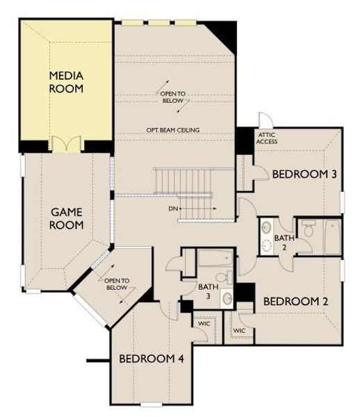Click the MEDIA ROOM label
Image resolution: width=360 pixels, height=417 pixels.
click(x=66, y=82)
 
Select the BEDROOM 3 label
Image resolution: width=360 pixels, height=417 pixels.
click(x=304, y=174)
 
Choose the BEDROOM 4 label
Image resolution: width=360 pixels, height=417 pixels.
click(x=151, y=359)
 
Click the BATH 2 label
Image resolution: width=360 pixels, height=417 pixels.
click(x=284, y=242)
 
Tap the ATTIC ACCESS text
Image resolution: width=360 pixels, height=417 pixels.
click(x=267, y=138)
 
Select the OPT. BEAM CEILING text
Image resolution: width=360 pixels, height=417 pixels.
click(x=174, y=130)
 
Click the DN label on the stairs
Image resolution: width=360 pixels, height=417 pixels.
click(x=173, y=208)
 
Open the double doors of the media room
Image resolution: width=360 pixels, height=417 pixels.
click(x=64, y=145)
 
